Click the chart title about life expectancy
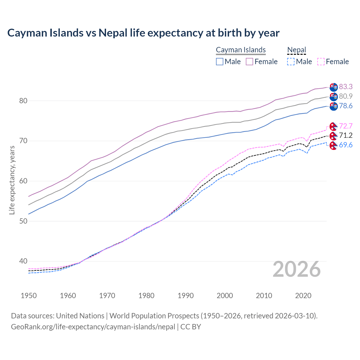[x=143, y=33]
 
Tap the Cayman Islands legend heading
[x=241, y=50]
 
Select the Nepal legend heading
[x=296, y=50]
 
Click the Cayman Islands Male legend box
[x=220, y=62]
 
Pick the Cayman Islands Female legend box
[x=250, y=62]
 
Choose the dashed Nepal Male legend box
[x=291, y=62]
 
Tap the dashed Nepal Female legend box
[x=321, y=62]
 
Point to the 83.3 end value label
[x=346, y=87]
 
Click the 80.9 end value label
[x=346, y=96]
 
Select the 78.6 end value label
[x=346, y=106]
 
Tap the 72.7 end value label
[x=346, y=126]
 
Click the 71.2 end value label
[x=346, y=136]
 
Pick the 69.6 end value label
[x=346, y=145]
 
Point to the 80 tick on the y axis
[x=23, y=101]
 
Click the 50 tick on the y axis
[x=23, y=221]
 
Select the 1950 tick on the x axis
[x=29, y=296]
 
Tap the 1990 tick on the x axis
[x=186, y=296]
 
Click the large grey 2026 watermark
[x=297, y=269]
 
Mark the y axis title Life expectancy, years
[x=12, y=180]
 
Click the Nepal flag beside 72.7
[x=333, y=127]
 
